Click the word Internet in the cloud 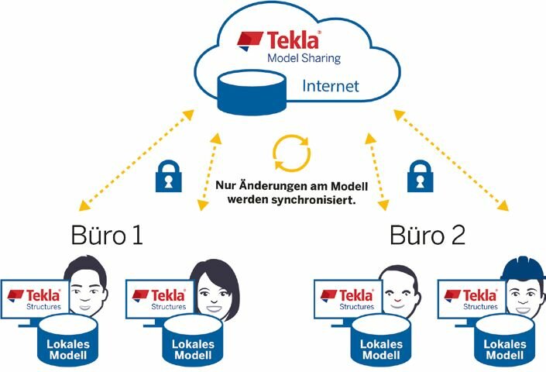(x=331, y=86)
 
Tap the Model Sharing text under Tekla (x=304, y=58)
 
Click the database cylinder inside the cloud (x=252, y=92)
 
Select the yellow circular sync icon (x=292, y=153)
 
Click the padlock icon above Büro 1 (x=169, y=176)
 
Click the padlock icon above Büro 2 (x=421, y=176)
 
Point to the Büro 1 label (x=107, y=235)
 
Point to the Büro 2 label (x=428, y=235)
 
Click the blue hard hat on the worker (x=523, y=268)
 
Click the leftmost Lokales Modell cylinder (x=68, y=340)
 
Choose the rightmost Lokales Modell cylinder (x=504, y=340)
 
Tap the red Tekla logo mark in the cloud (x=249, y=41)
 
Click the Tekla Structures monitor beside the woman (x=160, y=299)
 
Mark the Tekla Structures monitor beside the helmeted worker (x=472, y=299)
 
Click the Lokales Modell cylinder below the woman (x=193, y=340)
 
